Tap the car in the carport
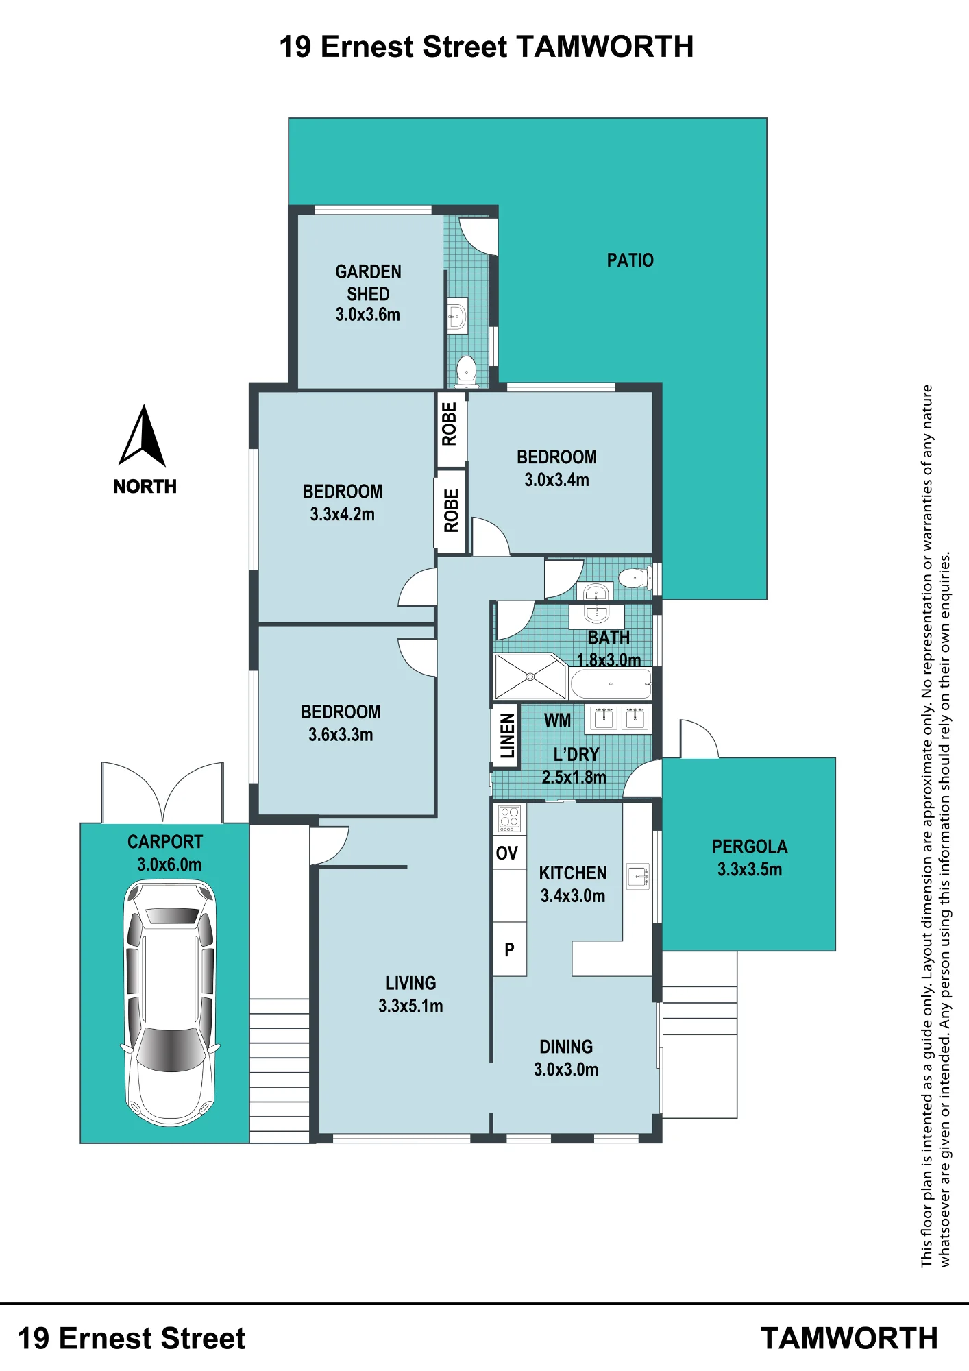170,1003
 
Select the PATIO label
630,260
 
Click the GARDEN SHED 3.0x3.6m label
368,293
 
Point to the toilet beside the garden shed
467,370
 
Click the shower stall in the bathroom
530,677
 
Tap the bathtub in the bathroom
611,683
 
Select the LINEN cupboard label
507,736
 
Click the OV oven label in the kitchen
506,853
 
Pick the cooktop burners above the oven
509,818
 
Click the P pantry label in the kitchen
509,949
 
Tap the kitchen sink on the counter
638,875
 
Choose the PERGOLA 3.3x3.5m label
750,858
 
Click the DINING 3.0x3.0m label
566,1058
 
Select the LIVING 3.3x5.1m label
410,994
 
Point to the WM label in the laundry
557,720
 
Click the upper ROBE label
450,424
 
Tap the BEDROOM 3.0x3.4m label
556,468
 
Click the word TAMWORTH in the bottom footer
849,1339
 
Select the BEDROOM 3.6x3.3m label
341,723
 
